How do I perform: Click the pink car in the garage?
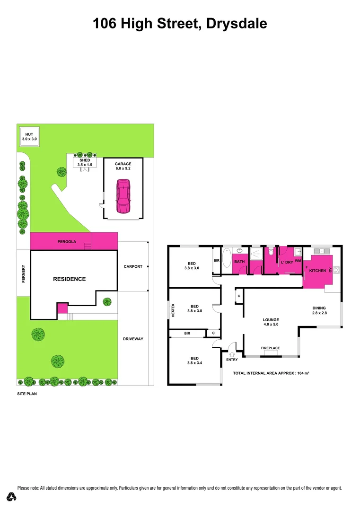[x=123, y=196]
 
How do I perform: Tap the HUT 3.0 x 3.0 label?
[x=29, y=137]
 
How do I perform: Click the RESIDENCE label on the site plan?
[x=69, y=279]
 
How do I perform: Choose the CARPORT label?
[x=133, y=266]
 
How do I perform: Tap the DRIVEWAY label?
[x=133, y=339]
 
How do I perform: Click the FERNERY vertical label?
[x=22, y=274]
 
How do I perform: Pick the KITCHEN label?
[x=317, y=271]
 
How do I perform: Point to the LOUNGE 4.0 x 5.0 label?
[x=271, y=322]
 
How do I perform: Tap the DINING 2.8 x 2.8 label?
[x=320, y=310]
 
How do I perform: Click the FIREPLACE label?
[x=271, y=348]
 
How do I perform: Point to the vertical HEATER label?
[x=173, y=310]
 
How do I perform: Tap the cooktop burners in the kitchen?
[x=337, y=271]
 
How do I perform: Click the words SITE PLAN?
[x=27, y=393]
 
